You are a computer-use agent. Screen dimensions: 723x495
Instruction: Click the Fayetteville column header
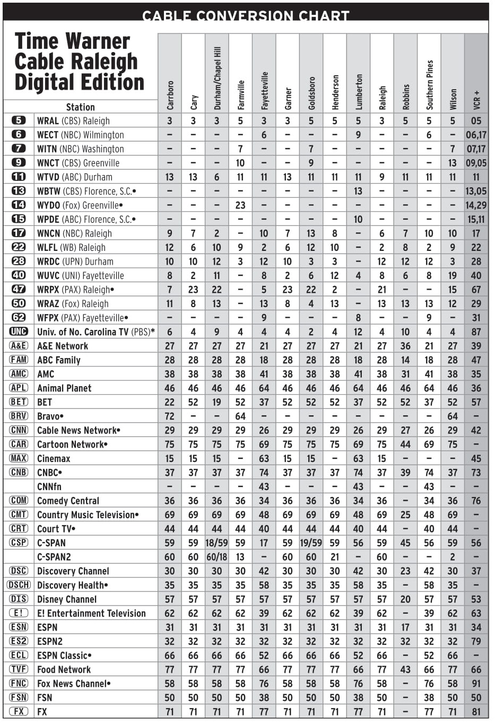point(264,91)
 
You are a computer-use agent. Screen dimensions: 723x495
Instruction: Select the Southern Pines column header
point(429,85)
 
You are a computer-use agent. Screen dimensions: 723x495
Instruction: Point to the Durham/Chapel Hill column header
point(217,78)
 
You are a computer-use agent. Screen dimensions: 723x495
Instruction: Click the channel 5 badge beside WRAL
point(19,120)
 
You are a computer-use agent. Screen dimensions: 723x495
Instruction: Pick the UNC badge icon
point(19,332)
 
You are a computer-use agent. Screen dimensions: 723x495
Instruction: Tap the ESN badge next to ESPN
point(19,627)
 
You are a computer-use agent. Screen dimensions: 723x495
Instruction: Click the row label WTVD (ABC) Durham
point(74,177)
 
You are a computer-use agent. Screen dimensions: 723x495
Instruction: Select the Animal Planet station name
point(64,388)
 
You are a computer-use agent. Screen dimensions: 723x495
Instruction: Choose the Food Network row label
point(64,669)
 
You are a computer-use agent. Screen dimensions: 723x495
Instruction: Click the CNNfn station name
point(49,486)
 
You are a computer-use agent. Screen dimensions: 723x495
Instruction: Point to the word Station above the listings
point(81,107)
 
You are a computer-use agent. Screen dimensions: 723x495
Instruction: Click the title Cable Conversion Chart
point(246,16)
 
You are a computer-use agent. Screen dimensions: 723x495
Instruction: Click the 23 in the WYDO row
point(240,205)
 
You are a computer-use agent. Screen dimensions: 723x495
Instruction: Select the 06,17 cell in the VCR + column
point(476,135)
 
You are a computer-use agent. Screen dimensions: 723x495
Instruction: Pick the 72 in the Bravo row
point(170,416)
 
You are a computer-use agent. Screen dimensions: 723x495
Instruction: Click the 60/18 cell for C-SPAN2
point(216,557)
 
